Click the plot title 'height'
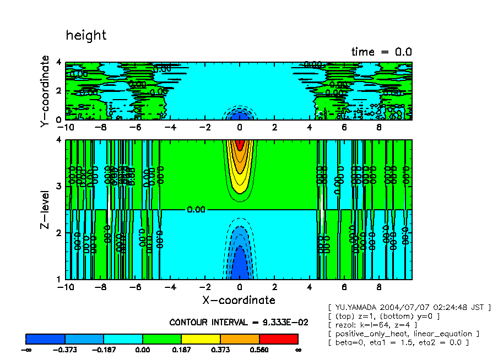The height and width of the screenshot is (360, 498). click(x=86, y=36)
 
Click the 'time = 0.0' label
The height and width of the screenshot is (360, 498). click(x=381, y=52)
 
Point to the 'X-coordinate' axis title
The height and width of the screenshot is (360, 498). click(x=239, y=300)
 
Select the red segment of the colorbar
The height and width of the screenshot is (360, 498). click(x=278, y=339)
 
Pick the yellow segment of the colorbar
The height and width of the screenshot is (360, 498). click(x=201, y=339)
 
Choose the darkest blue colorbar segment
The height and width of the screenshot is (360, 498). click(x=46, y=339)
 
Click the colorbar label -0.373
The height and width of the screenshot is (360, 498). click(x=65, y=350)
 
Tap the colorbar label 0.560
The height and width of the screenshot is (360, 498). click(x=259, y=350)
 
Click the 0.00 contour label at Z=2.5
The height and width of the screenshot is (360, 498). click(x=196, y=210)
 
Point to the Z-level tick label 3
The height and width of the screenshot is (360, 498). click(x=59, y=187)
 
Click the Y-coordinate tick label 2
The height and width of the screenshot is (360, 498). click(x=59, y=91)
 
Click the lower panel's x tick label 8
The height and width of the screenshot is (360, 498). click(x=378, y=287)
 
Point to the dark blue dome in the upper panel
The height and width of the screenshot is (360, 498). click(x=239, y=116)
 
